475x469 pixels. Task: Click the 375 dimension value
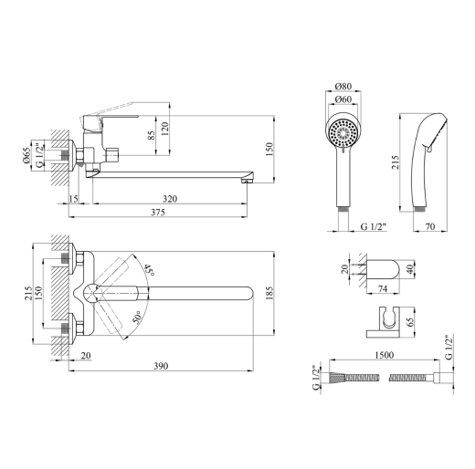point(158,212)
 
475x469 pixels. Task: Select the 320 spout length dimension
point(170,199)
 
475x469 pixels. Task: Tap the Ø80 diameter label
point(343,86)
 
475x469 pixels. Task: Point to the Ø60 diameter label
point(343,99)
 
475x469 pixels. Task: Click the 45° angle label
point(149,270)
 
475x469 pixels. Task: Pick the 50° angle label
point(137,317)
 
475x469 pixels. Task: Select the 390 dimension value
point(161,366)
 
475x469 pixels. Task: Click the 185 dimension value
point(269,293)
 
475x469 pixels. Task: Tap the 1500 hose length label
point(385,355)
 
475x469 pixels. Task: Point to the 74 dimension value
point(383,288)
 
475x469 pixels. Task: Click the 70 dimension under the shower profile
point(430,226)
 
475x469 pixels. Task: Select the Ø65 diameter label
point(26,155)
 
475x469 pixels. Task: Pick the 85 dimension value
point(152,135)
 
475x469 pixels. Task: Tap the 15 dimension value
point(73,199)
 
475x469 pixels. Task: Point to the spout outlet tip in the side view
point(247,182)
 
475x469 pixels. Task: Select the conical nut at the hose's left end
point(337,378)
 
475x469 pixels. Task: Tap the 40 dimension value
point(411,269)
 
